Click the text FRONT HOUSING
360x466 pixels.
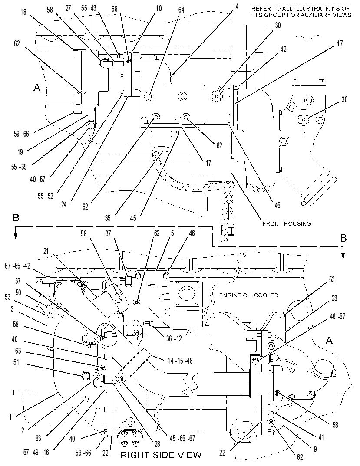(287, 223)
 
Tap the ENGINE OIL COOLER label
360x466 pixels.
(249, 295)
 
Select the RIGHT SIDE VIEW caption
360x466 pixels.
(161, 455)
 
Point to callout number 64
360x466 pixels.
(181, 10)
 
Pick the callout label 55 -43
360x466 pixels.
(89, 8)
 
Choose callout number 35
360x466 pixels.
(108, 218)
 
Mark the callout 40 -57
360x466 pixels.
(37, 179)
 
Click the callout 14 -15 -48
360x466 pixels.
(180, 361)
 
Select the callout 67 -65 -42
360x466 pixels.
(17, 266)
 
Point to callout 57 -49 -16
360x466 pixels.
(36, 453)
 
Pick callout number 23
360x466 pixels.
(334, 298)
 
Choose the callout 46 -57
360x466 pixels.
(337, 316)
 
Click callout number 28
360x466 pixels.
(157, 444)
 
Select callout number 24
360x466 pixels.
(64, 204)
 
